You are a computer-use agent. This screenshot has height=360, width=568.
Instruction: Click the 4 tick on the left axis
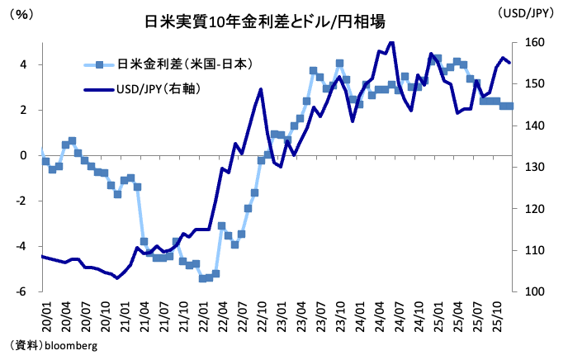pos(23,64)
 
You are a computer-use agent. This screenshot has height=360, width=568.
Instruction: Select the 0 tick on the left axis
pos(23,155)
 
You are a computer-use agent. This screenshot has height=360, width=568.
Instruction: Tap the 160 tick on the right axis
pos(534,43)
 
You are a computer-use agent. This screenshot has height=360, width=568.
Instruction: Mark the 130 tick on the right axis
pos(534,168)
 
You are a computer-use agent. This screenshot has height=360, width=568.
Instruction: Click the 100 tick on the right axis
pos(534,291)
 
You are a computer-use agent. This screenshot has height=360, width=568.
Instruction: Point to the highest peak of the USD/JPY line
pos(390,41)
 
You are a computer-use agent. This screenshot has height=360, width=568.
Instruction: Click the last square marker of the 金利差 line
pos(509,106)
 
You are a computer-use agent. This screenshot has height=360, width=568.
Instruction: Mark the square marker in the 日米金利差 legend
pos(99,64)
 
